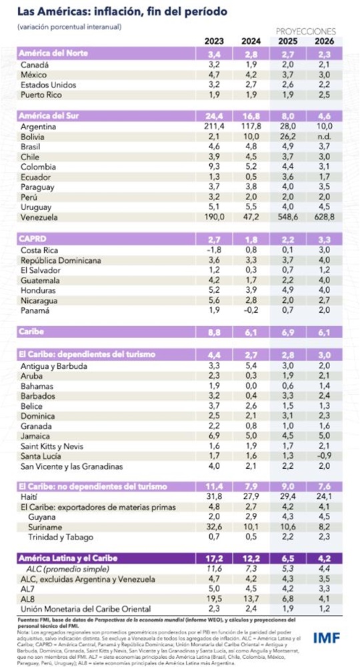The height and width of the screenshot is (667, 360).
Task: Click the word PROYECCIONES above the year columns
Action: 305,31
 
